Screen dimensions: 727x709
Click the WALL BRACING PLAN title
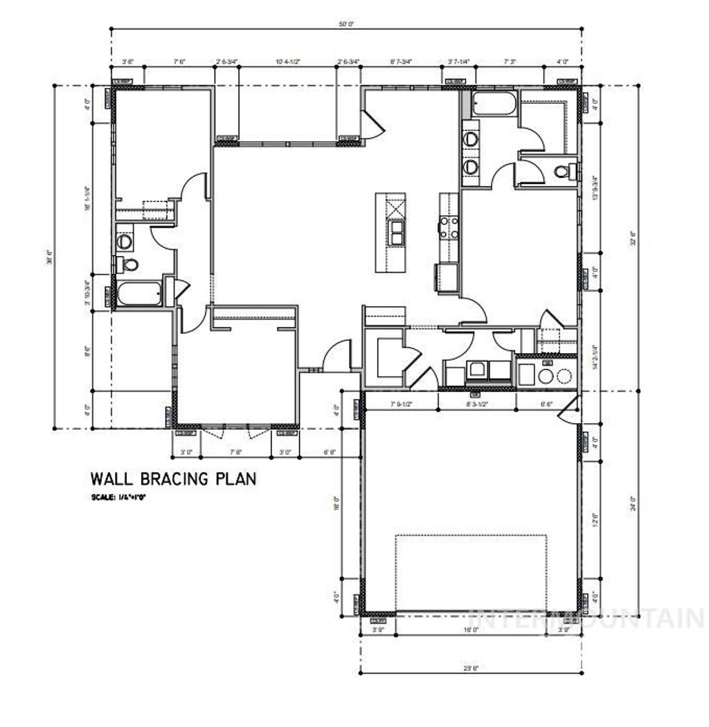click(173, 478)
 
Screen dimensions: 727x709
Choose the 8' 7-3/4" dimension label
click(401, 62)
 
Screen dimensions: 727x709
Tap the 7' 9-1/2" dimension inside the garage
click(402, 402)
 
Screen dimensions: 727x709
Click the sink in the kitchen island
click(397, 233)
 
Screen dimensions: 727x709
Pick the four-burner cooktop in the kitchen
click(448, 227)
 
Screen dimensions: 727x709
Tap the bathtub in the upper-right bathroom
click(494, 105)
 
